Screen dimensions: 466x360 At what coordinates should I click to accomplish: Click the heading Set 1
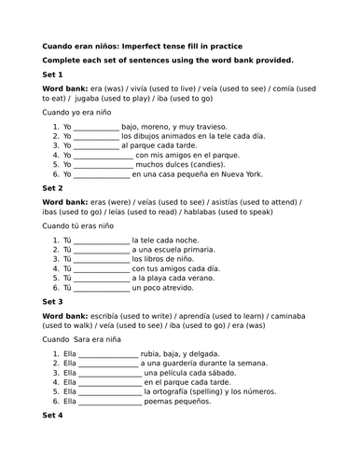(53, 75)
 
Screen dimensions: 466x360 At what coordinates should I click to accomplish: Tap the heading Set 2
(53, 187)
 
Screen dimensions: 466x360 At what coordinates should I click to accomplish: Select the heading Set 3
(53, 302)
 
